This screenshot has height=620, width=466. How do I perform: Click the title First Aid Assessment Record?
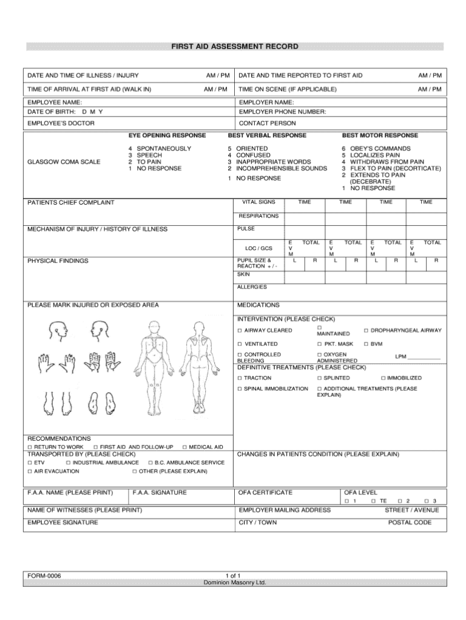click(234, 47)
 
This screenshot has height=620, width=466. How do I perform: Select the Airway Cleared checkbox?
click(240, 330)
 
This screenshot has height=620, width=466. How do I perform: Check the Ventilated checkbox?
click(240, 344)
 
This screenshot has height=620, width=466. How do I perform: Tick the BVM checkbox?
click(366, 344)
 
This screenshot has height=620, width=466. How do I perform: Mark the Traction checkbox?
click(240, 378)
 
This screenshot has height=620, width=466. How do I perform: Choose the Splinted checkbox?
click(319, 378)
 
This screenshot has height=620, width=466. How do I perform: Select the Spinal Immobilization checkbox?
click(240, 388)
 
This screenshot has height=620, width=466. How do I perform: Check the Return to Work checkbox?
click(30, 448)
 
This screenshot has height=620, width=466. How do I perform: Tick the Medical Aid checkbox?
click(184, 448)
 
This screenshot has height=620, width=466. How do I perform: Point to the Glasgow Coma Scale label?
click(64, 162)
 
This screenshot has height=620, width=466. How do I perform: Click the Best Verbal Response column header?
click(267, 135)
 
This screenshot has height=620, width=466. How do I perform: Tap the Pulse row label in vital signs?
click(247, 229)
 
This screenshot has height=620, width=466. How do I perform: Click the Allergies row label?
click(252, 287)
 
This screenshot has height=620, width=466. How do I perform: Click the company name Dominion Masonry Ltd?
click(234, 582)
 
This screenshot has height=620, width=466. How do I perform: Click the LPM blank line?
click(425, 357)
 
